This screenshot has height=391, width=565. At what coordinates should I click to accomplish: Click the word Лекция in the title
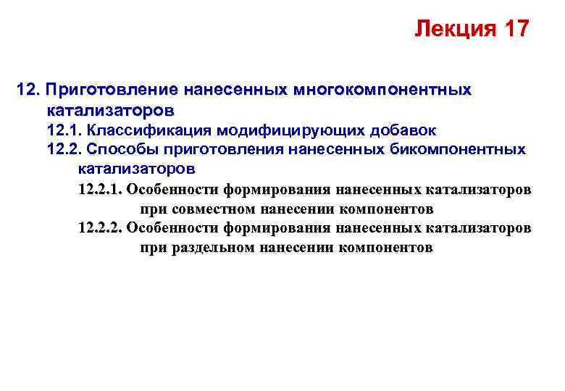pos(450,30)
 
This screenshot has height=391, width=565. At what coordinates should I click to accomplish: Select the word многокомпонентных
pos(382,91)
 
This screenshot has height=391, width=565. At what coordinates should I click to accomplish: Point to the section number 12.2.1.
pos(100,190)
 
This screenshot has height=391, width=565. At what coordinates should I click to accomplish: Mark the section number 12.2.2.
pos(100,228)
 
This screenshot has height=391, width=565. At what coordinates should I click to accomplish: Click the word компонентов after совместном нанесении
pos(387,209)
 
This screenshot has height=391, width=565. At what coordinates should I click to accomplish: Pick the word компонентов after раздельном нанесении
pos(387,248)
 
